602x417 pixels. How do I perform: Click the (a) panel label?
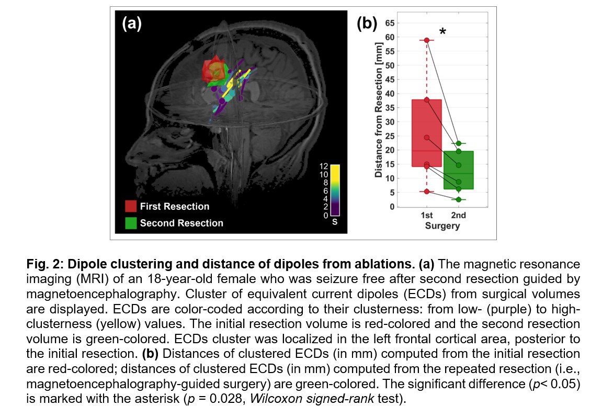coord(132,24)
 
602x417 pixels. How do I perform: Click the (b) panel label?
coord(367,24)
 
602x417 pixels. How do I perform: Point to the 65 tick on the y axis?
coord(389,22)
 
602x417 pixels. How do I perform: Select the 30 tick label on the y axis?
coord(389,122)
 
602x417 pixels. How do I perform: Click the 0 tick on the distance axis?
coord(391,207)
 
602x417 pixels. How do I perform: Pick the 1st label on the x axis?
coord(426,215)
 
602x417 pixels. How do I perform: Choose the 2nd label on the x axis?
coord(458,215)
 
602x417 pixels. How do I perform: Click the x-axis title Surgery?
coord(442,226)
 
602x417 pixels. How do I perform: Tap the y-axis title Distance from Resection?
coord(378,111)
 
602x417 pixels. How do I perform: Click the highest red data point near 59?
coord(427,40)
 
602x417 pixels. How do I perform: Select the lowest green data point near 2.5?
coord(458,199)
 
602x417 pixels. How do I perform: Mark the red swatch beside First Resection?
coord(131,206)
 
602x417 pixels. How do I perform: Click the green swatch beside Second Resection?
coord(131,223)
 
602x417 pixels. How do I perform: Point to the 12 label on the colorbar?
coord(324,166)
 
